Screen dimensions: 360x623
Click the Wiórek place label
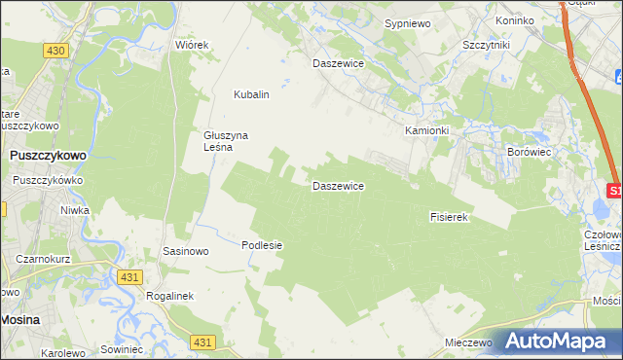192,45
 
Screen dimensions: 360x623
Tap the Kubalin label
250,94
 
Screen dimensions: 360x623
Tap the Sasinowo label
186,251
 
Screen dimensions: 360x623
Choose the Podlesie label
262,245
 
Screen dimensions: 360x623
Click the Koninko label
515,20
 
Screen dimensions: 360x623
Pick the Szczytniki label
487,45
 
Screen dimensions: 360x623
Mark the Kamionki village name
427,129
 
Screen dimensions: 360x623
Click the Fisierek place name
450,217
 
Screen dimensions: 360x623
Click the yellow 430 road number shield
55,50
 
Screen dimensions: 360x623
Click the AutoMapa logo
560,341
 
